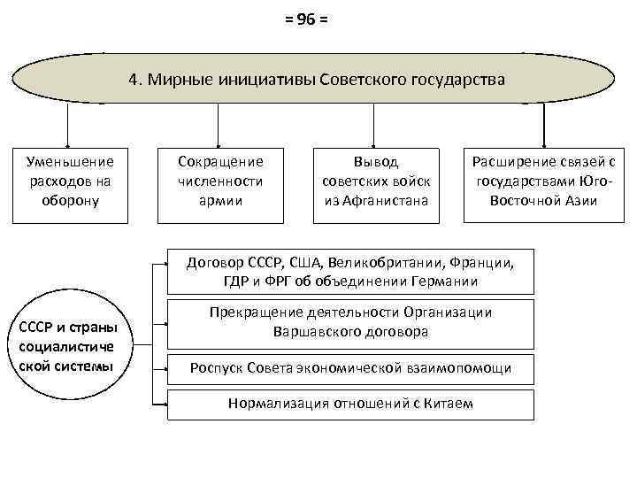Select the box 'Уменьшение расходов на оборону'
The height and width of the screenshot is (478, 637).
click(x=70, y=181)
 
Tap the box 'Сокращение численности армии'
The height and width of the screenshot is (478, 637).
click(x=221, y=181)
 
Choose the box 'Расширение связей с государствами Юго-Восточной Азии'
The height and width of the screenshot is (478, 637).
click(x=543, y=181)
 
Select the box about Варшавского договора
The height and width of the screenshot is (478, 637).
click(x=350, y=322)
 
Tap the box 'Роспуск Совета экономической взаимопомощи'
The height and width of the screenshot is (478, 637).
click(x=350, y=368)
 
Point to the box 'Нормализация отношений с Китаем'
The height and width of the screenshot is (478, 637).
click(x=350, y=404)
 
